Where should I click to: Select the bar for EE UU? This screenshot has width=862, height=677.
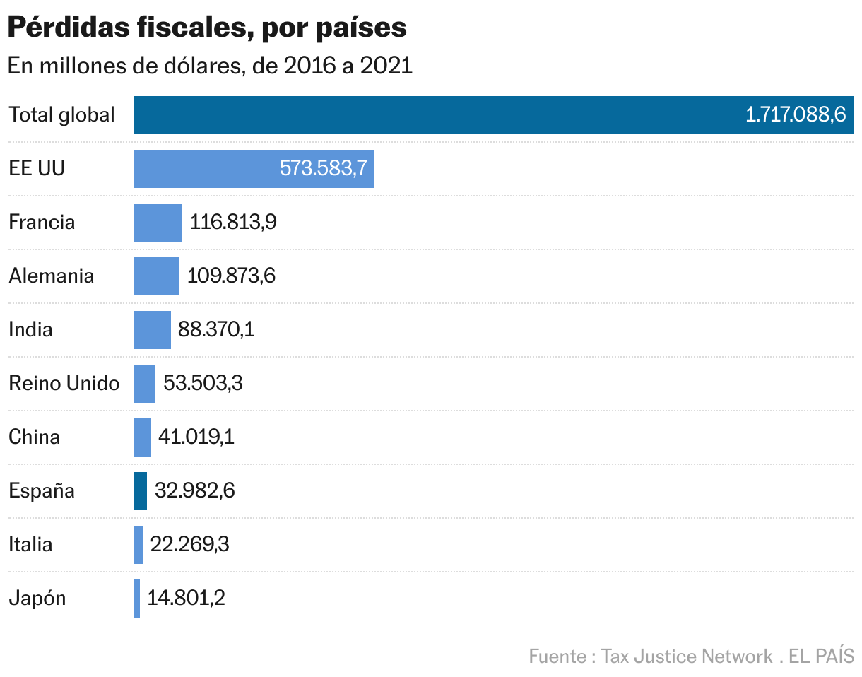point(212,169)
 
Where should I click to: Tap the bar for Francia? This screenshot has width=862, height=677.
point(158,223)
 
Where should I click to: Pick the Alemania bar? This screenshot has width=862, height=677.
point(157,276)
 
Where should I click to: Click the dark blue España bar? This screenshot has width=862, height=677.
point(141,491)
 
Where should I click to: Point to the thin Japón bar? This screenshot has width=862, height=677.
point(137,599)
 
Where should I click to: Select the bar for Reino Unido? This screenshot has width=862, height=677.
point(145,384)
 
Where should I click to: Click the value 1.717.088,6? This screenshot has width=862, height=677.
point(796,115)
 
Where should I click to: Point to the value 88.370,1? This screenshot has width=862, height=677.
point(216,330)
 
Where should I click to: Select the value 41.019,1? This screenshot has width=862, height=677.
point(196,437)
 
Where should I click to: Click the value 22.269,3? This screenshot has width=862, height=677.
point(189,545)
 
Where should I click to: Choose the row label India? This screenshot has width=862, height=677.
point(30,330)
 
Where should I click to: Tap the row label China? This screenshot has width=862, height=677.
point(34,437)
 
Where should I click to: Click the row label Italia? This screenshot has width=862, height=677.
point(30,545)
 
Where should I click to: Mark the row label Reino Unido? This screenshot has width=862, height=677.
point(64,384)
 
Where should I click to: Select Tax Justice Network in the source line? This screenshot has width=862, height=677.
point(687,657)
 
